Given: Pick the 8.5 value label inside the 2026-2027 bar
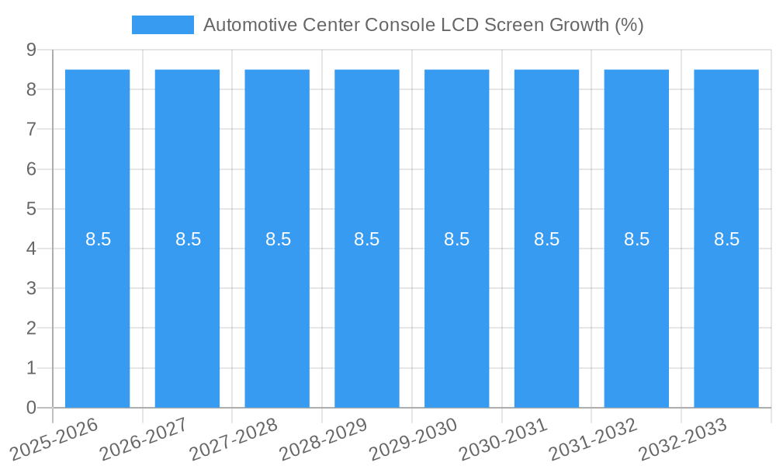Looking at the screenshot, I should tap(188, 239).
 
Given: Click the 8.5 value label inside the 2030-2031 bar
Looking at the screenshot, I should tap(546, 239).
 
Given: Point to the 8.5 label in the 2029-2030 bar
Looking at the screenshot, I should tap(456, 239).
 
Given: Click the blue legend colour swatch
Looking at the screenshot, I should tap(163, 25).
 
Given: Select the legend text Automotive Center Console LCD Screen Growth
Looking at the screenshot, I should tap(423, 25).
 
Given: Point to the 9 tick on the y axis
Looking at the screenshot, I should tap(31, 50).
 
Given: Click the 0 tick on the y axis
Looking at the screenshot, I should tap(31, 408).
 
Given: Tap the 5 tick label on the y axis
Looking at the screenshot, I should tap(31, 209).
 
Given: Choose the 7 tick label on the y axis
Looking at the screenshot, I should tap(31, 130).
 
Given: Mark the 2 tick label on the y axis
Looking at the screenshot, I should tap(31, 329).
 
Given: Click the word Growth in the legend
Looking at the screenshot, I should tap(578, 25).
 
